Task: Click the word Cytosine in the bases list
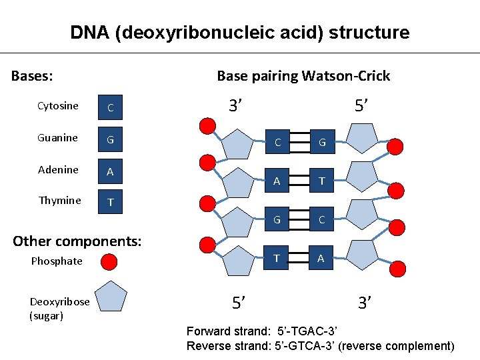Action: (58, 106)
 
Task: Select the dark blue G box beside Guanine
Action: (111, 140)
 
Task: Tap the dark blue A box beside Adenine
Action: (111, 172)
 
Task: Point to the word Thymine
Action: (60, 201)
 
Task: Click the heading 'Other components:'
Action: (77, 241)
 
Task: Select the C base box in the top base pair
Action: (277, 142)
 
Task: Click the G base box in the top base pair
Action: (322, 142)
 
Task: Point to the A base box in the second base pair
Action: (277, 181)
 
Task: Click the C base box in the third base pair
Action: (322, 219)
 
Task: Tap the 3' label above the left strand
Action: (235, 105)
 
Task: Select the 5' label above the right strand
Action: (363, 105)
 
